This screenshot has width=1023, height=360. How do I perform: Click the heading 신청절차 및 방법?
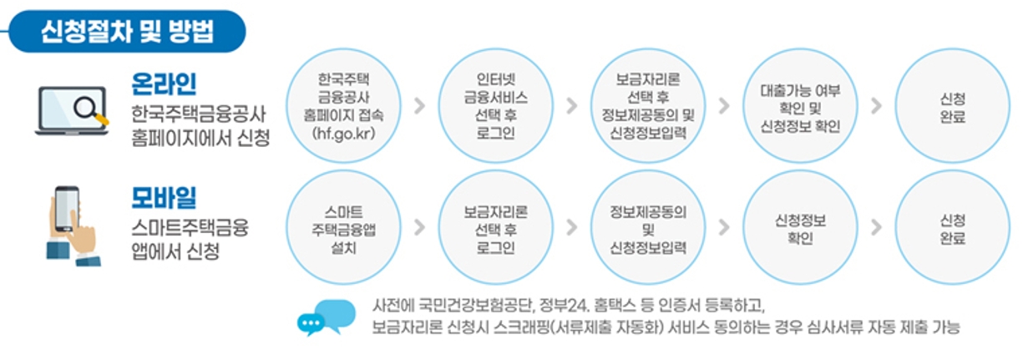(127, 31)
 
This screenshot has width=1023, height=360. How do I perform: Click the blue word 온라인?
(165, 84)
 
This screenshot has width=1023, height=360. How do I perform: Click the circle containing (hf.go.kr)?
(342, 106)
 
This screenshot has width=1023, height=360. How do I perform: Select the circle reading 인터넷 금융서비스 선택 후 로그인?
(495, 106)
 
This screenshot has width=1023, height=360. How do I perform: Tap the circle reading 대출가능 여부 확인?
(800, 106)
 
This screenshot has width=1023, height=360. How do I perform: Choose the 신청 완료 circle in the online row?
(952, 106)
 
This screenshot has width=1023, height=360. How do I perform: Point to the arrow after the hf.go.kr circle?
(419, 106)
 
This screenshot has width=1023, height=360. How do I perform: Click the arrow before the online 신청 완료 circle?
(876, 106)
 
